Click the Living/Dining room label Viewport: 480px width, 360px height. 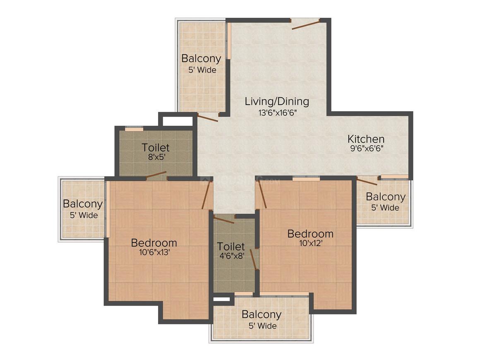point(277,101)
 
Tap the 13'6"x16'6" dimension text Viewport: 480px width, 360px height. point(278,113)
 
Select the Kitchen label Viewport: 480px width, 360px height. point(366,139)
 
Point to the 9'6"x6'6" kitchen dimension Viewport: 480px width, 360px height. point(367,149)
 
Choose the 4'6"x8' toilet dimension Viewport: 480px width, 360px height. point(231,256)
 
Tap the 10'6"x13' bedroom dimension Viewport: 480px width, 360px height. point(154,252)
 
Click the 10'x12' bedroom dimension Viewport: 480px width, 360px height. point(311,243)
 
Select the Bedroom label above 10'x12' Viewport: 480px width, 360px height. point(310,234)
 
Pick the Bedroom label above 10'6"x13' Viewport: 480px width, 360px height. point(154,243)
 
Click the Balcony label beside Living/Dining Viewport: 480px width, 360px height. point(201,58)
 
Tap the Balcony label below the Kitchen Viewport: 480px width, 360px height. point(385,197)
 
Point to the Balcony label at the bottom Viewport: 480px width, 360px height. point(262,314)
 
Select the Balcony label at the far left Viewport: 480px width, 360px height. point(83,204)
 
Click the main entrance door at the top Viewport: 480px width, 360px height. point(305,24)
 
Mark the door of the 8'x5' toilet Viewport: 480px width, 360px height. point(156,175)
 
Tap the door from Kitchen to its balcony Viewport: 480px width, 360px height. point(367,182)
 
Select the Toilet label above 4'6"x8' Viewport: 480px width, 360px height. point(231,247)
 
